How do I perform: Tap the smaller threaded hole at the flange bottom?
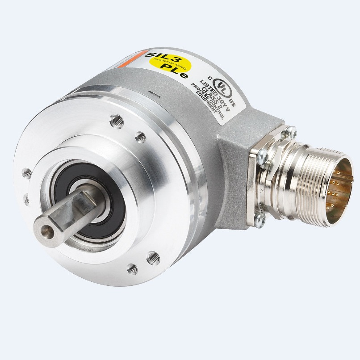132,268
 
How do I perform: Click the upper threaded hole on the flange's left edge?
27,172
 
